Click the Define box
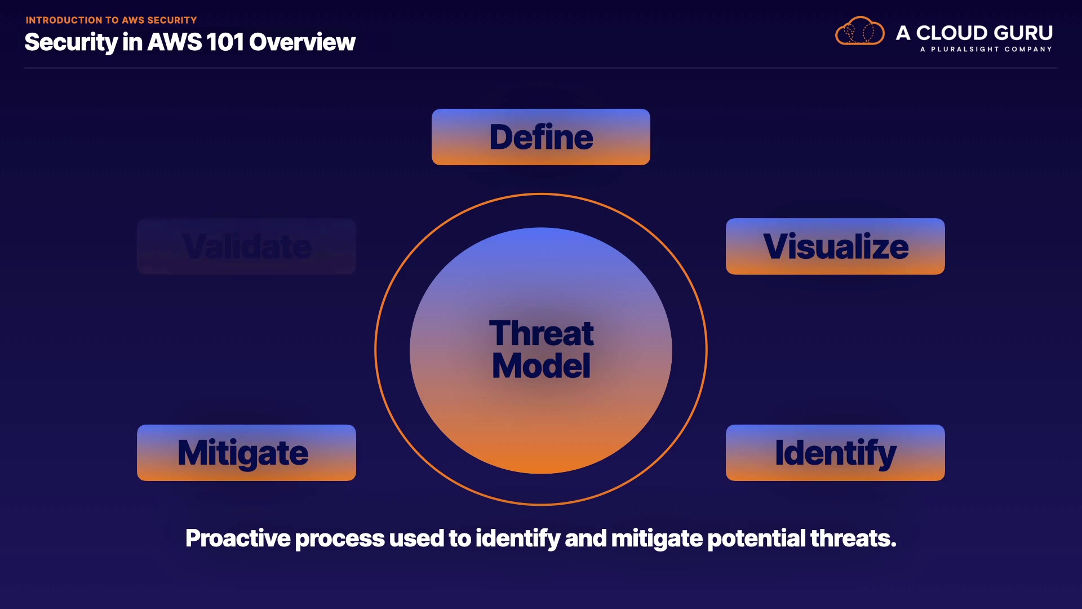click(541, 137)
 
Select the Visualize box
click(835, 246)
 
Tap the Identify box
click(835, 453)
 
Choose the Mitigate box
click(246, 453)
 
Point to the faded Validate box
click(246, 246)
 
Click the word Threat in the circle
click(541, 333)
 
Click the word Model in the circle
click(541, 365)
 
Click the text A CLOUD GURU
click(974, 33)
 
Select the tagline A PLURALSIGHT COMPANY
click(986, 49)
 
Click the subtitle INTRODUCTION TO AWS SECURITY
click(111, 20)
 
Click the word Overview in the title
click(302, 42)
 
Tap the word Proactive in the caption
click(238, 539)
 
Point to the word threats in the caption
click(853, 539)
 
